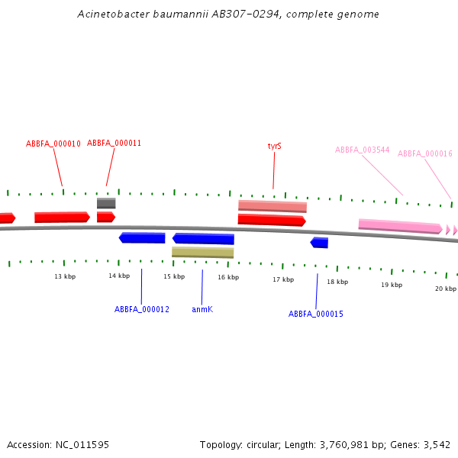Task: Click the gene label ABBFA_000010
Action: tap(53, 144)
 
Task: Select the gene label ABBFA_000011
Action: tap(114, 143)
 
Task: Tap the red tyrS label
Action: tap(274, 146)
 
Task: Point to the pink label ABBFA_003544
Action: tap(363, 150)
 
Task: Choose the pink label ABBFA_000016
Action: tap(425, 153)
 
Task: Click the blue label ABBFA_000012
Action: tap(142, 309)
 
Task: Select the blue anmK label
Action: tap(202, 309)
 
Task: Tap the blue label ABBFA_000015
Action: tap(316, 314)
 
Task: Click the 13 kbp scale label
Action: tap(65, 276)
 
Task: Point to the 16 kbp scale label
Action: tap(228, 277)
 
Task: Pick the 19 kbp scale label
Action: tap(392, 285)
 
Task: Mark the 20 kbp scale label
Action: tap(446, 289)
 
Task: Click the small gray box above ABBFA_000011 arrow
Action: tap(106, 203)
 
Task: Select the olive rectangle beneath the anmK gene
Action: tap(202, 252)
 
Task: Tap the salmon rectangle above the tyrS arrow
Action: tap(273, 206)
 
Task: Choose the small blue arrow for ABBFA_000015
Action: tap(320, 243)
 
